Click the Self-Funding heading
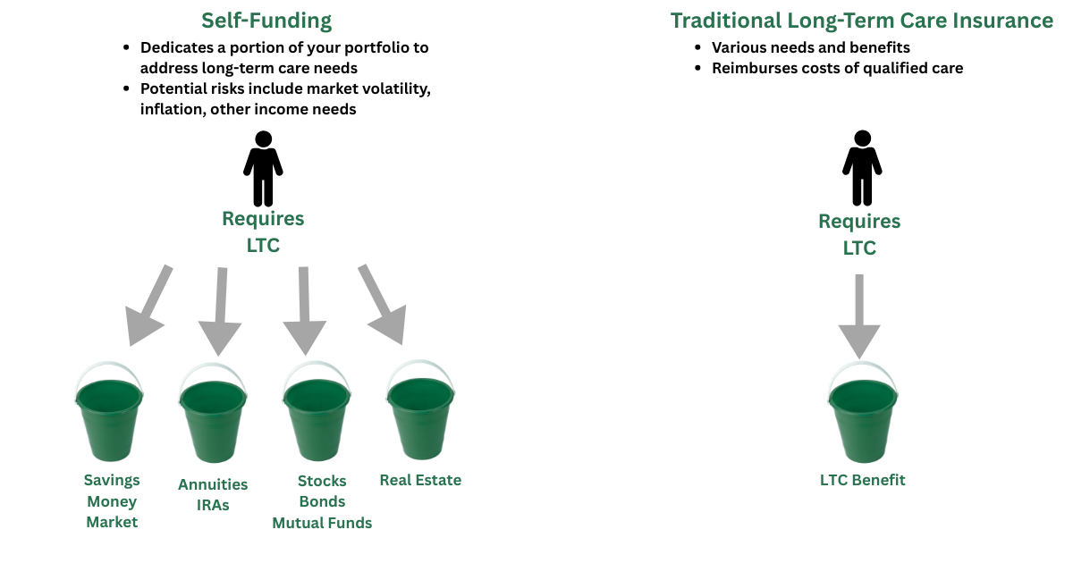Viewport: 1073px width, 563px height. click(x=266, y=21)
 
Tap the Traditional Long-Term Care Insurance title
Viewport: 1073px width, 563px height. click(x=862, y=21)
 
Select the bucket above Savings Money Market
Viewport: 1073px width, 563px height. click(x=109, y=412)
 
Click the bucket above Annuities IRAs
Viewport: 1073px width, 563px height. click(x=213, y=413)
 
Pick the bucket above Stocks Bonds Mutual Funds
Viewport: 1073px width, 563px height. click(x=317, y=412)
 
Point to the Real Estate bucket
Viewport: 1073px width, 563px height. click(x=420, y=410)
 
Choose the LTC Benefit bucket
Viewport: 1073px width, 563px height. click(x=863, y=413)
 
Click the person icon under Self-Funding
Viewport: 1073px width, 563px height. click(x=263, y=169)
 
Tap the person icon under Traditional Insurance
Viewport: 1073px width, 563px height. click(x=862, y=168)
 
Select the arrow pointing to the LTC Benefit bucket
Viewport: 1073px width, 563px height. click(x=859, y=316)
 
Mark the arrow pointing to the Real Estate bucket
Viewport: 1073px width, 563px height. click(x=383, y=305)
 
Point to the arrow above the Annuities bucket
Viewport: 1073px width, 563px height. click(x=220, y=312)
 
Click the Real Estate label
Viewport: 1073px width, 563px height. click(x=420, y=480)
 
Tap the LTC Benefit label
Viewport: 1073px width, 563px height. click(x=863, y=480)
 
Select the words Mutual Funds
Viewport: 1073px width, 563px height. click(x=322, y=523)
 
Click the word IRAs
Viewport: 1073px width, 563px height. click(x=213, y=505)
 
